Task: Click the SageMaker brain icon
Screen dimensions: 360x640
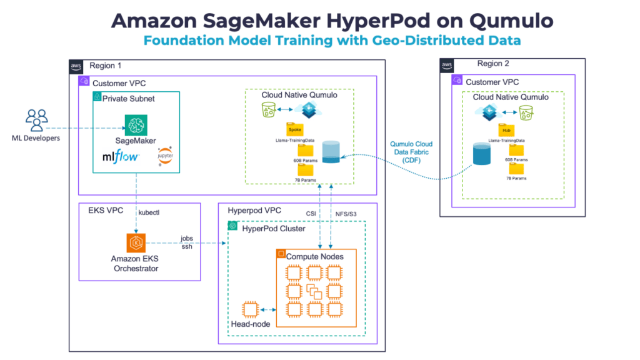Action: click(134, 125)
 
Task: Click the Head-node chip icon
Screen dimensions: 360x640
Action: click(251, 310)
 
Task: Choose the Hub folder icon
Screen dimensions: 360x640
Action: click(507, 130)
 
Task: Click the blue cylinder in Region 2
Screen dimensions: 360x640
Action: click(481, 154)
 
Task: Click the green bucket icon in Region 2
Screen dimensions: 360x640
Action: click(527, 112)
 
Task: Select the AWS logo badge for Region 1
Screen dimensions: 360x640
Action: click(76, 66)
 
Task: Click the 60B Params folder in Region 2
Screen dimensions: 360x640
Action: click(516, 152)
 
